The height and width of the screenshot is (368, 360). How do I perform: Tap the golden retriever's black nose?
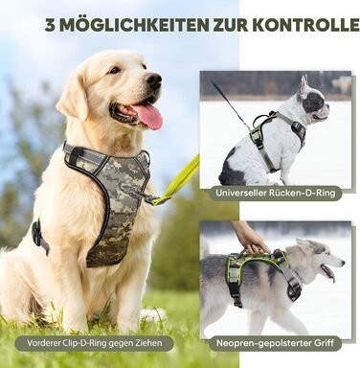click(x=153, y=80)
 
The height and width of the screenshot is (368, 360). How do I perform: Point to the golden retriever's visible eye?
click(x=115, y=70)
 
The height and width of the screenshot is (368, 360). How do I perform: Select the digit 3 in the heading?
click(x=50, y=25)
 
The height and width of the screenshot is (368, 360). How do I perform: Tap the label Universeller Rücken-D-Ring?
click(x=276, y=193)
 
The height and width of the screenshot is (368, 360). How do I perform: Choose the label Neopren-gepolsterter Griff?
click(x=275, y=343)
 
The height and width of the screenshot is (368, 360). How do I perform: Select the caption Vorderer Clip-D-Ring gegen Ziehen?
click(x=95, y=343)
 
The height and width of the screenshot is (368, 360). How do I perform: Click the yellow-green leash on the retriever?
click(x=179, y=181)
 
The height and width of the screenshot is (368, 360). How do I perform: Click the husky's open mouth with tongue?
click(x=327, y=272)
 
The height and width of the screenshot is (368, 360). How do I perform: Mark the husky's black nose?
click(x=343, y=264)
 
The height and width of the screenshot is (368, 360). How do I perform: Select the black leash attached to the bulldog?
click(x=229, y=104)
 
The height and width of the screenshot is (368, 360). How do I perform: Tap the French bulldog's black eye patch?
click(x=315, y=103)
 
